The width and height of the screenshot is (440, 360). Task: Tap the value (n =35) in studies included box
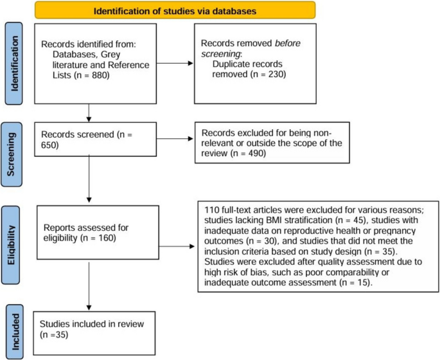54,335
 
